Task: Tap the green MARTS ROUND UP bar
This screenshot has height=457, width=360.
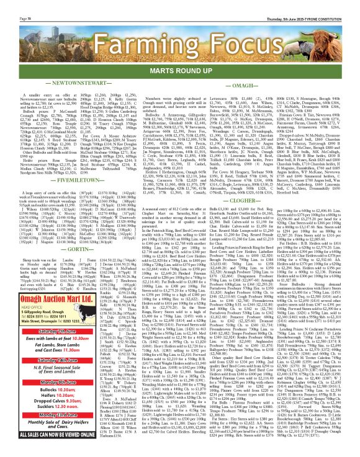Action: pyautogui.click(x=179, y=70)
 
